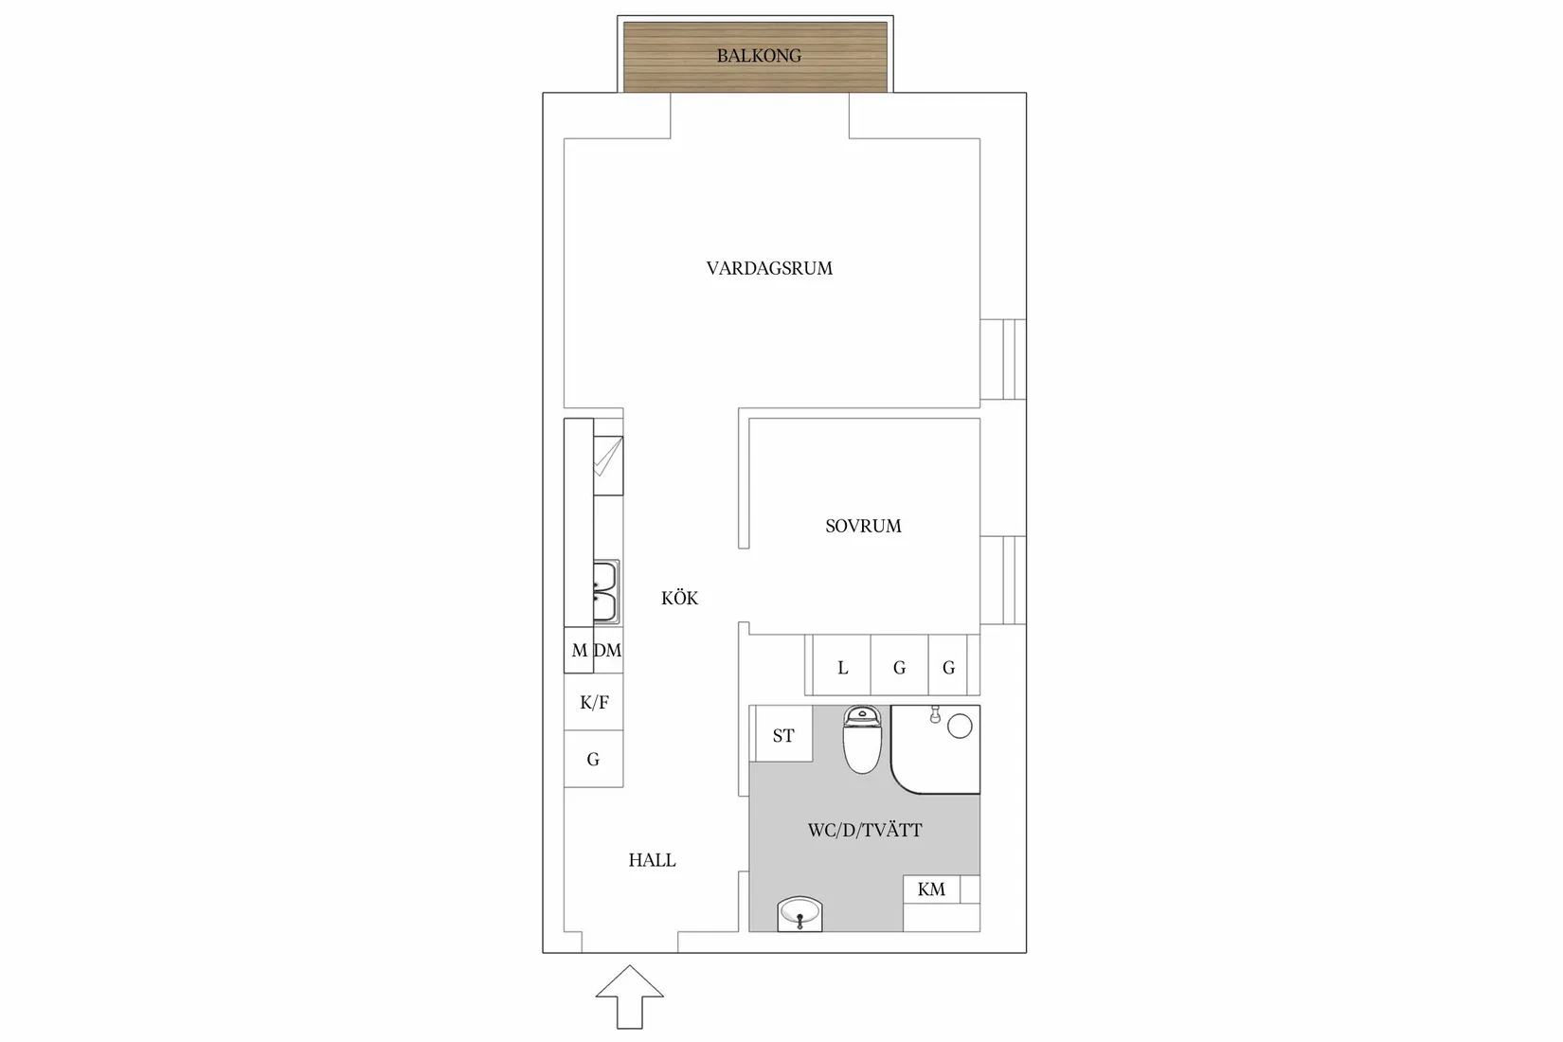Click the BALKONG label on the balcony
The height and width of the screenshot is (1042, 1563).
pyautogui.click(x=759, y=56)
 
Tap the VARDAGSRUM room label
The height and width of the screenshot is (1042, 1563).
pyautogui.click(x=769, y=269)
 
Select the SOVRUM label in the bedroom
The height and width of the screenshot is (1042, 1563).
pyautogui.click(x=863, y=527)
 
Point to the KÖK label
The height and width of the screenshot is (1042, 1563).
pyautogui.click(x=679, y=598)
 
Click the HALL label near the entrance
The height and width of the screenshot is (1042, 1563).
pyautogui.click(x=653, y=860)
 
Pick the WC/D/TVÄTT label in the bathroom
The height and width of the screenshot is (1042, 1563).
pyautogui.click(x=865, y=831)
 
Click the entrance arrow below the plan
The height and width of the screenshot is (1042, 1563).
pyautogui.click(x=629, y=997)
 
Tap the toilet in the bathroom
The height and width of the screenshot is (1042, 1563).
pyautogui.click(x=862, y=739)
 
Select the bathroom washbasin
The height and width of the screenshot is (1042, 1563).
pyautogui.click(x=799, y=914)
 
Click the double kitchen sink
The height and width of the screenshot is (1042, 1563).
pyautogui.click(x=605, y=591)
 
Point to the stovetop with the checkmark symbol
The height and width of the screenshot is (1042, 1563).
pyautogui.click(x=608, y=465)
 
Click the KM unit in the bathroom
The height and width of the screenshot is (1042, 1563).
pyautogui.click(x=931, y=889)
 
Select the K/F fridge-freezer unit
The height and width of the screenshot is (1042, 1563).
pyautogui.click(x=594, y=702)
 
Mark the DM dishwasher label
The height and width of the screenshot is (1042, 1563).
pyautogui.click(x=608, y=651)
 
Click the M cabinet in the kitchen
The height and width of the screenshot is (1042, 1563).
pyautogui.click(x=579, y=650)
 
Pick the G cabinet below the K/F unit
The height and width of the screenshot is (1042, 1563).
pyautogui.click(x=594, y=760)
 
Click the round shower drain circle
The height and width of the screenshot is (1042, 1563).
pyautogui.click(x=961, y=727)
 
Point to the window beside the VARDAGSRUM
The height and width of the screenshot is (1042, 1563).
pyautogui.click(x=1003, y=359)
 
